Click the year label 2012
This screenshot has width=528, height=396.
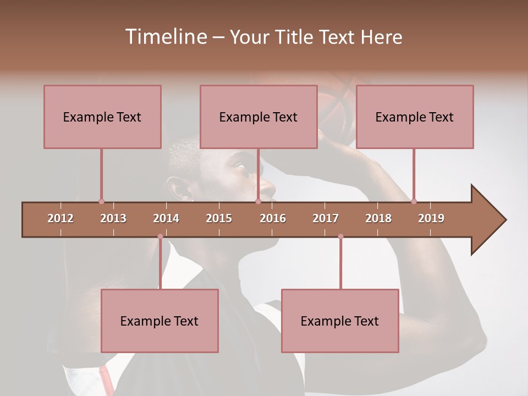pos(61,218)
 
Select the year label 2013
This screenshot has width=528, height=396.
pos(113,218)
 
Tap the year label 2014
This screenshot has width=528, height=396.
pos(166,218)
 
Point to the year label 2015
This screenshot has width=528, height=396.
pos(219,218)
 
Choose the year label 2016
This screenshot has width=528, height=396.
pos(273,218)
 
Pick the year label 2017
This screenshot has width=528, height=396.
pos(326,218)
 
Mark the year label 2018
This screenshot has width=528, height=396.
pos(378,218)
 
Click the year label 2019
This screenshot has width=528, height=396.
pos(431,218)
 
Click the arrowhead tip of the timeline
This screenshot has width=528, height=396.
pos(504,220)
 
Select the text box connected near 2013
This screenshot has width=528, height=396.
pos(102,117)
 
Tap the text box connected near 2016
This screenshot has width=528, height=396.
pos(258,117)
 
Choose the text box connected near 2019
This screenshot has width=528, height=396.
pos(415,117)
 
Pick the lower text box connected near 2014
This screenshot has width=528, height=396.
pos(159,321)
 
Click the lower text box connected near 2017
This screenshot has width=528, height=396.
pos(340,321)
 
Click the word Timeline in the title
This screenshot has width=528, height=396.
pos(165,37)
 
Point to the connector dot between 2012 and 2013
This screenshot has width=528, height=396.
pos(101,201)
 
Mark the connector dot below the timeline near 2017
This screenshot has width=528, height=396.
pos(340,237)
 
